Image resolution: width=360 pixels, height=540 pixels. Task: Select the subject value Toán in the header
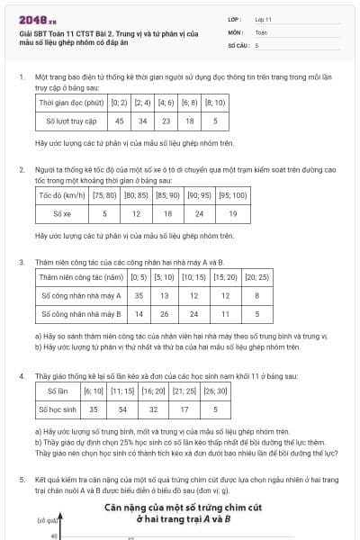click(x=261, y=31)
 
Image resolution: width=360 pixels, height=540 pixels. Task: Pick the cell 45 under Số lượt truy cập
click(x=120, y=120)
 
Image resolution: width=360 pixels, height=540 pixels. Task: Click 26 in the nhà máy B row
click(x=165, y=313)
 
